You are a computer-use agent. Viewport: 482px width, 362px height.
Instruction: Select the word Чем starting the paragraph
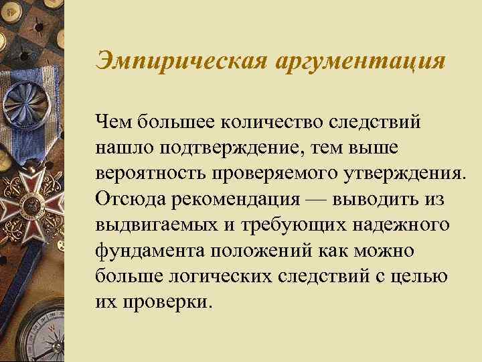pos(113,122)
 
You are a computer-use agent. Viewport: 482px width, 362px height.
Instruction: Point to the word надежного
pos(406,227)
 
